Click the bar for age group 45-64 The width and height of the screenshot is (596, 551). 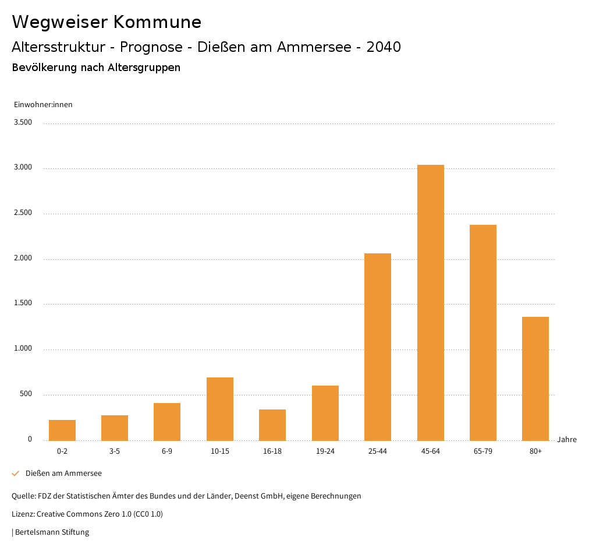point(430,302)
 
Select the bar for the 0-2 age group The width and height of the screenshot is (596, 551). point(62,430)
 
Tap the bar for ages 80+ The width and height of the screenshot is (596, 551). point(535,379)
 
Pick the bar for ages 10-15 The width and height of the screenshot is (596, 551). point(220,409)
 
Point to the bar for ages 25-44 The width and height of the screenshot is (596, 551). point(378,347)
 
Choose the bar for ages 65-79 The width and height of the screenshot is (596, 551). point(483,333)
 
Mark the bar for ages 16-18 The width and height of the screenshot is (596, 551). point(272,425)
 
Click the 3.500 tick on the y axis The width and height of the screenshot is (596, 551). point(23,122)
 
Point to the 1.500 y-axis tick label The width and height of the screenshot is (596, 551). point(23,303)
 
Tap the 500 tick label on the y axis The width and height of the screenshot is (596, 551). point(26,394)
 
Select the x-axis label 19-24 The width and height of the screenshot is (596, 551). point(325,451)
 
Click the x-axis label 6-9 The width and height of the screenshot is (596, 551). point(167,451)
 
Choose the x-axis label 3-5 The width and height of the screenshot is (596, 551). point(115,451)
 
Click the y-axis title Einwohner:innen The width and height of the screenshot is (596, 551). point(43,105)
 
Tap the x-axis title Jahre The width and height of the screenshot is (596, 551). point(566,440)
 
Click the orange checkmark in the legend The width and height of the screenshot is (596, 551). point(16,474)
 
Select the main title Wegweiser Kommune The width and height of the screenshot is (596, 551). point(107,22)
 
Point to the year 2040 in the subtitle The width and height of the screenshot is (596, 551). point(384,47)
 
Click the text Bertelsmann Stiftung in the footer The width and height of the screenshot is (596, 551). point(52,532)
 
